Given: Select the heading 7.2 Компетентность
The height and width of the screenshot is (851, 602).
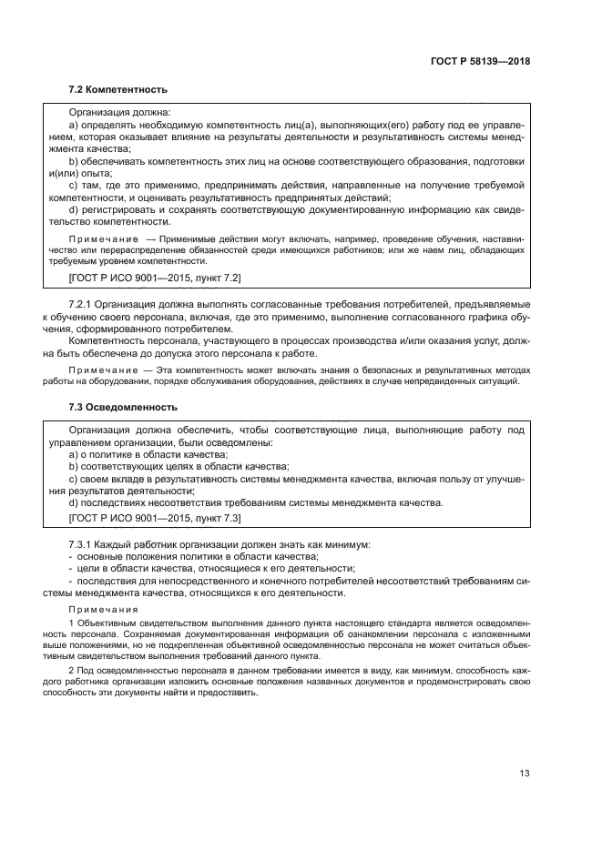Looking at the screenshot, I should pos(118,89).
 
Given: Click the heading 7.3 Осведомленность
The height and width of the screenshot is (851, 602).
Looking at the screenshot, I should pos(123,406).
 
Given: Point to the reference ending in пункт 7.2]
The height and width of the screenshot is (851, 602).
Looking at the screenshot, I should pos(155,277).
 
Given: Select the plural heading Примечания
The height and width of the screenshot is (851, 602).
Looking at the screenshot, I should pos(103,609).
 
